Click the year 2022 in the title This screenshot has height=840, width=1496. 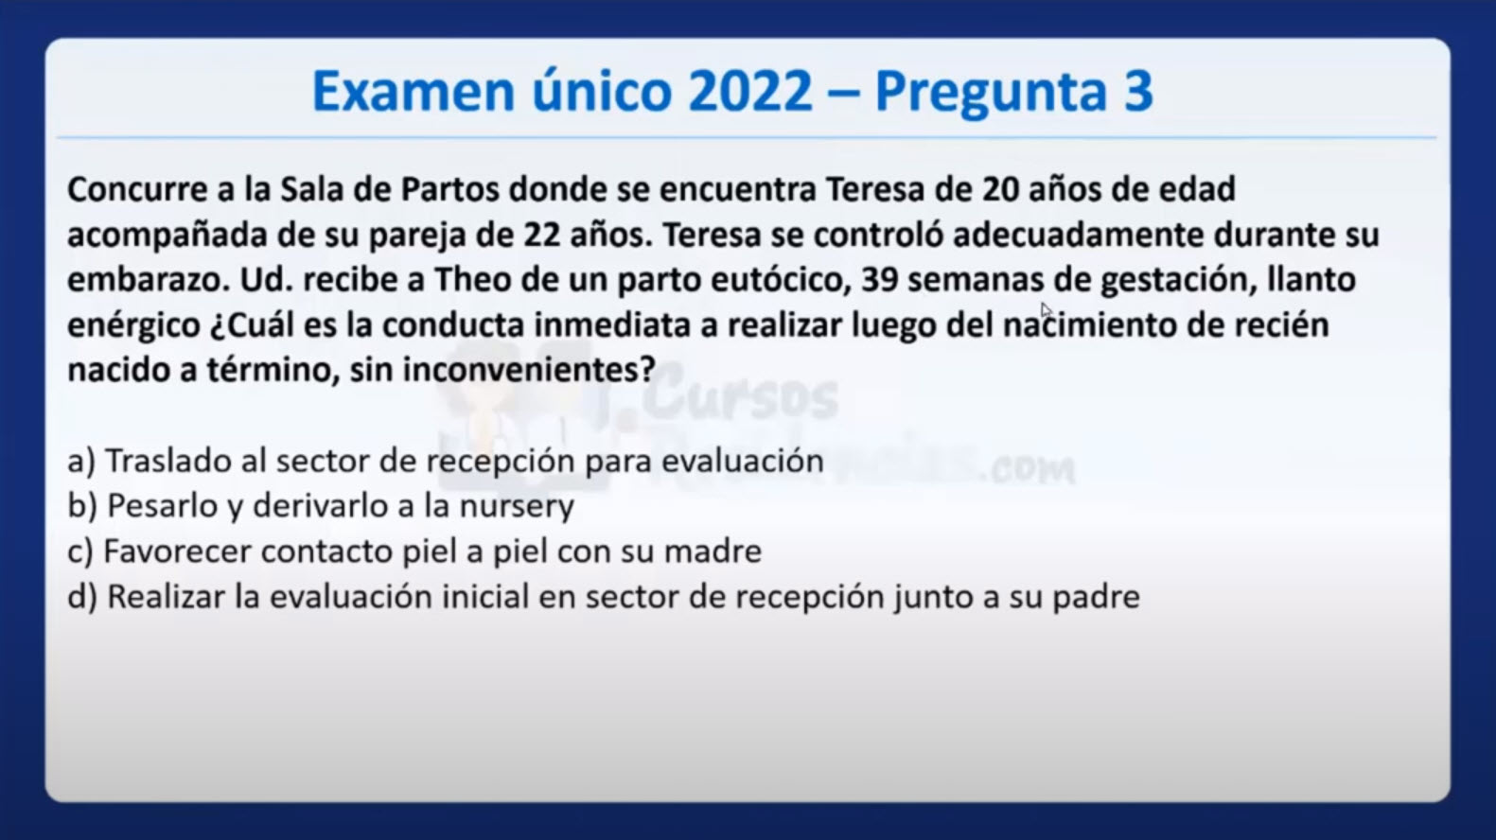pos(750,91)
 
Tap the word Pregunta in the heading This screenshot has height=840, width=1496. pos(991,94)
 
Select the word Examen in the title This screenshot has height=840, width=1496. pos(414,91)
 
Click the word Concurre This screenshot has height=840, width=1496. pos(137,189)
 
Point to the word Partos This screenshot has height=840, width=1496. pos(449,189)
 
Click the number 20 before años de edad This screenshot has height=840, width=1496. pos(1000,189)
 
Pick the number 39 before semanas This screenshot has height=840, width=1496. pos(880,280)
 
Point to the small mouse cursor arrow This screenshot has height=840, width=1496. pos(1046,310)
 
